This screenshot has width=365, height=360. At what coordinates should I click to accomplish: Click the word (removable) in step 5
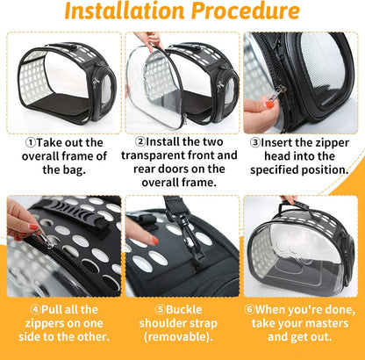click(x=182, y=336)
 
